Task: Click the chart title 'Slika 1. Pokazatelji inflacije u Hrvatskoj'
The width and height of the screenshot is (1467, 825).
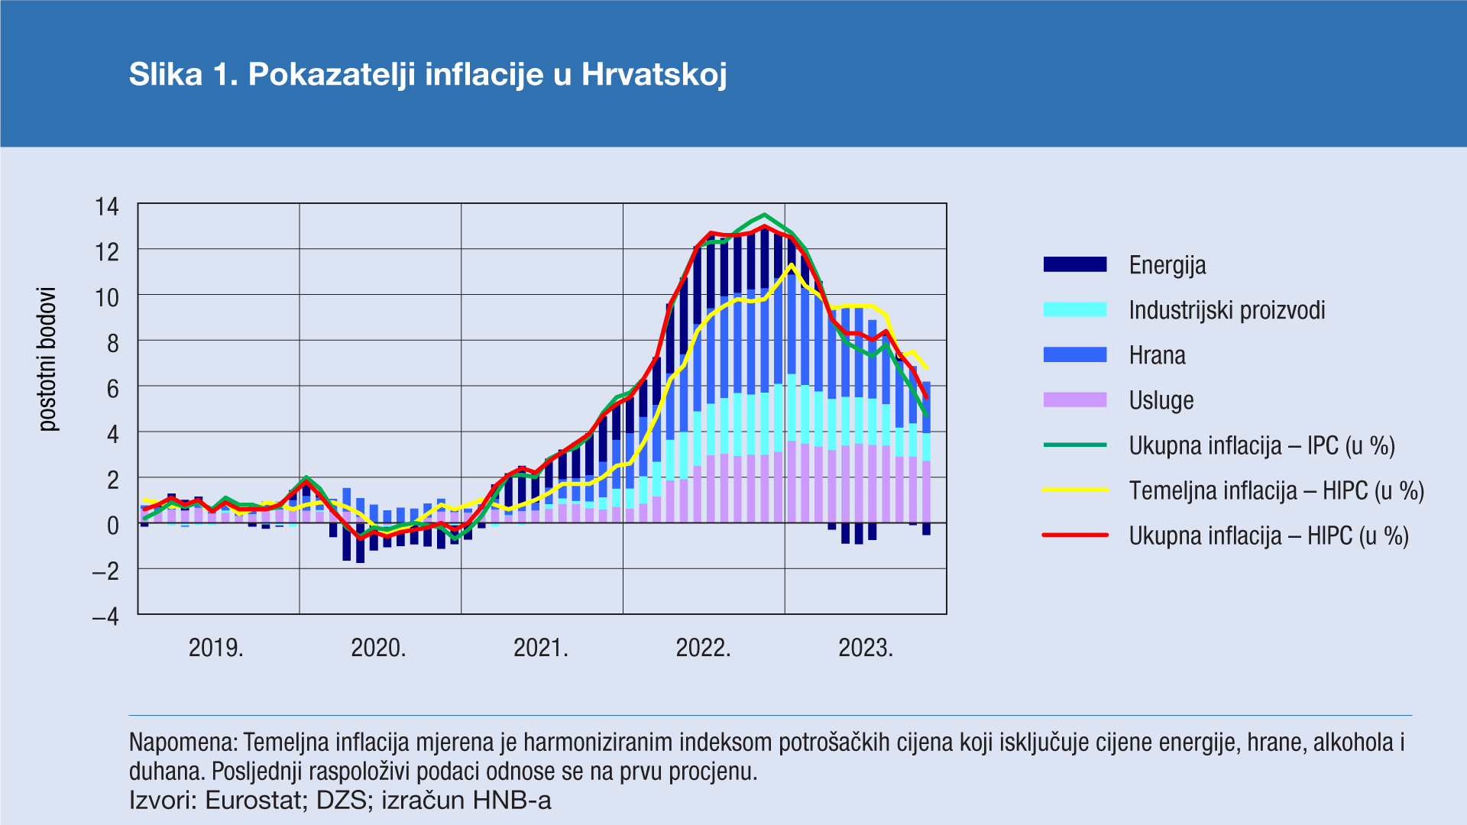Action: (x=428, y=75)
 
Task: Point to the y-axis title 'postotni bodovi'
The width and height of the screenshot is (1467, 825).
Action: (x=47, y=359)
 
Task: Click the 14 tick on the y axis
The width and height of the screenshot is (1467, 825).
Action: (x=107, y=206)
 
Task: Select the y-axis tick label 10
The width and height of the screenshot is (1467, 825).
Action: (x=107, y=297)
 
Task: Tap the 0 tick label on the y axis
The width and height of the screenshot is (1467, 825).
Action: (x=113, y=526)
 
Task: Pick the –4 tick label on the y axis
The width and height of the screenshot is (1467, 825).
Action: (x=105, y=616)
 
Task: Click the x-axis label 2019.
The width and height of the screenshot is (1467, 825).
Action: (x=215, y=648)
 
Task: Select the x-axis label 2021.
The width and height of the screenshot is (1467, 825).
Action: (x=541, y=648)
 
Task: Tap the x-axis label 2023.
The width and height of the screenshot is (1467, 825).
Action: (x=866, y=648)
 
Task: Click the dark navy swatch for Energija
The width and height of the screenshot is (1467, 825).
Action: (x=1075, y=265)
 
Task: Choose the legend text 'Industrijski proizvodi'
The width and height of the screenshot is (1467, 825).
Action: (x=1226, y=310)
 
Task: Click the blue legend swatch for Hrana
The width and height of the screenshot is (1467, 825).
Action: (x=1075, y=355)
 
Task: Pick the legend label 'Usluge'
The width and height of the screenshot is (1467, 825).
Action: (x=1161, y=400)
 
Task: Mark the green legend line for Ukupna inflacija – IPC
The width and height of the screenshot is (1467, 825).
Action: (x=1075, y=445)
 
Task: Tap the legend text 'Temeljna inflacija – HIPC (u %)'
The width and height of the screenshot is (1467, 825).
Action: (x=1276, y=490)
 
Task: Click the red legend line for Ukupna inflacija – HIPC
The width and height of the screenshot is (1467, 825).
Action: (x=1075, y=535)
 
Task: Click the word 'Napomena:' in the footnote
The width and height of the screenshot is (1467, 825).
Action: (x=183, y=742)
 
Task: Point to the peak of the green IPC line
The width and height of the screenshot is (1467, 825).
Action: (x=765, y=215)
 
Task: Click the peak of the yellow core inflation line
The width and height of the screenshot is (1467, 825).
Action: (x=792, y=265)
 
